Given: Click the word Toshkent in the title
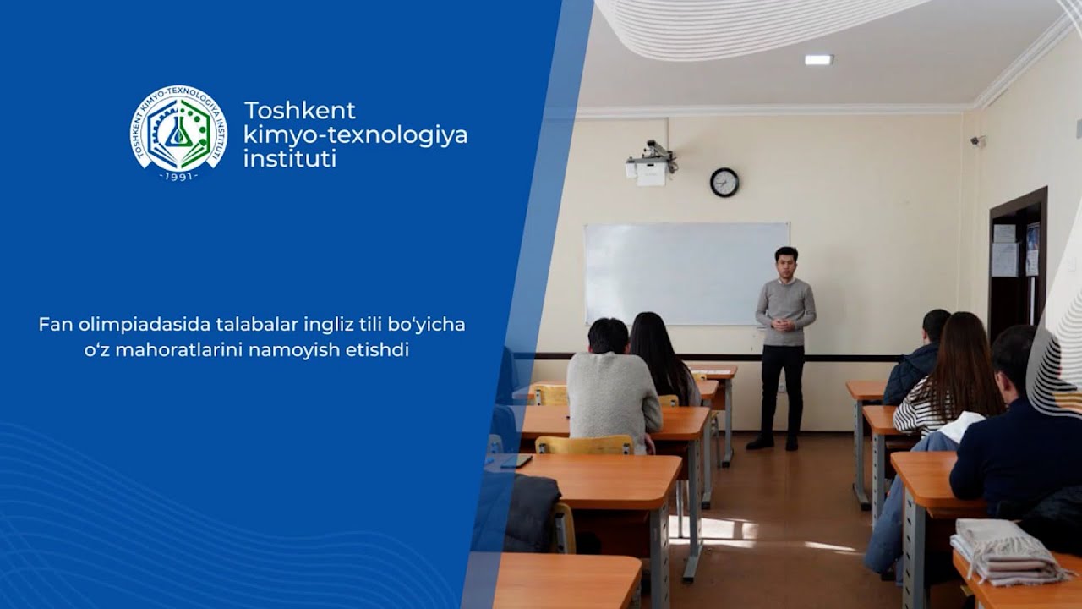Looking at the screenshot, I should click(300, 111).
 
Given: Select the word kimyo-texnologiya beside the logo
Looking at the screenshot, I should click(355, 134).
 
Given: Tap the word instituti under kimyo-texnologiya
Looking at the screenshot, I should click(289, 158).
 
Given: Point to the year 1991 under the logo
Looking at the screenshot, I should click(178, 176).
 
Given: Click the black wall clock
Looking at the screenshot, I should click(724, 182).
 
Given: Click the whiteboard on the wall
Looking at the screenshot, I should click(686, 273).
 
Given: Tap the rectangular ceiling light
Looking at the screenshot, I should click(818, 59).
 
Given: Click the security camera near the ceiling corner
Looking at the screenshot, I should click(978, 141).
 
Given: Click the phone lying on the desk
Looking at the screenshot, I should click(516, 461).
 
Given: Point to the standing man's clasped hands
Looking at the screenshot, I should click(784, 324).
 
